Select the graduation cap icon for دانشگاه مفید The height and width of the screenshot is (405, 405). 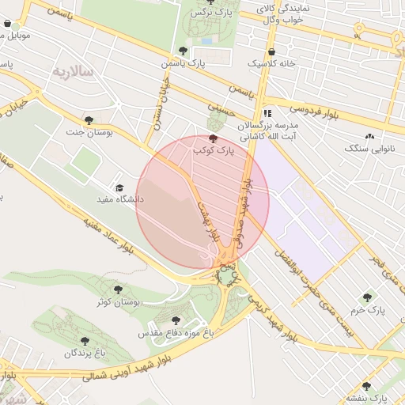(119, 188)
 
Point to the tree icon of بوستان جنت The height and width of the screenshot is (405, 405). (89, 121)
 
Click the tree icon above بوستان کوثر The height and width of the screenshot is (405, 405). (119, 290)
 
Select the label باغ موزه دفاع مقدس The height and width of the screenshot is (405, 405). (176, 333)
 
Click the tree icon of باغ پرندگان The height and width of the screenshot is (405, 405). (85, 342)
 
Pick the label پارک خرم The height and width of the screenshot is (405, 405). (370, 310)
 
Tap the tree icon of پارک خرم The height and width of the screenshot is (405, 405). (367, 297)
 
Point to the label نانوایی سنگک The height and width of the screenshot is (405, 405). (371, 148)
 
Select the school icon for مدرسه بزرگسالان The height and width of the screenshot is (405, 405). (267, 113)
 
